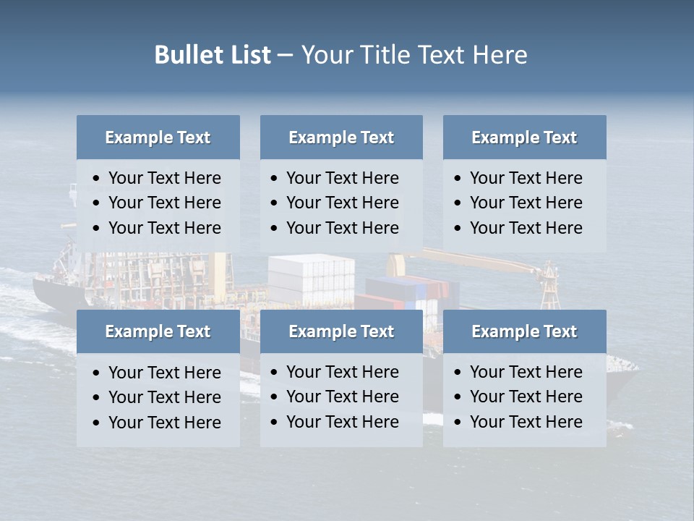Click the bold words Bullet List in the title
(213, 55)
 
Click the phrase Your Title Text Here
(414, 55)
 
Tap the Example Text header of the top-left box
(158, 137)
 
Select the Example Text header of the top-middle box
(341, 137)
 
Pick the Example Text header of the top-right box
(524, 137)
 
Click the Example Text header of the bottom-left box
(158, 331)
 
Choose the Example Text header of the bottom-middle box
(341, 331)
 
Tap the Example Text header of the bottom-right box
(524, 331)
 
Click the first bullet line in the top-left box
(164, 178)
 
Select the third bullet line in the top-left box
(164, 228)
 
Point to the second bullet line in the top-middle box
(342, 203)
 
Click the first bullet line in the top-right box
(526, 178)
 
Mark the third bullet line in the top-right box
(526, 228)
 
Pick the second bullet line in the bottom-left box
(164, 397)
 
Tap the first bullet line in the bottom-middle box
(342, 372)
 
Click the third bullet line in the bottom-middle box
(342, 422)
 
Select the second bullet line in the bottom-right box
(526, 397)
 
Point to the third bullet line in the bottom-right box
(526, 422)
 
